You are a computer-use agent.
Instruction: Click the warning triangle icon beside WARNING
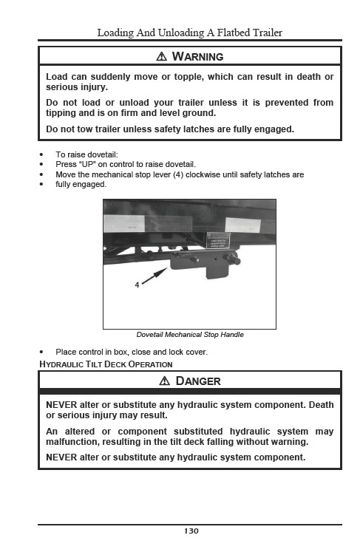click(x=161, y=56)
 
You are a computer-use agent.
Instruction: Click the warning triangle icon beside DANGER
click(x=165, y=381)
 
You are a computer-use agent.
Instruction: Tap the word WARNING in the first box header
click(x=197, y=57)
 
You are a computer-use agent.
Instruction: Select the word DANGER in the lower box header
click(x=198, y=381)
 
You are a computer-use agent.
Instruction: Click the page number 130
click(x=191, y=531)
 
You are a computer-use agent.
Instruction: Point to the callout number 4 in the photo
click(x=137, y=285)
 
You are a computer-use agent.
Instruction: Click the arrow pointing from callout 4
click(x=154, y=276)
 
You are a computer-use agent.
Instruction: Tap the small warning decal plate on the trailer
click(x=218, y=240)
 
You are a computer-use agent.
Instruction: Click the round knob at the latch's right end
click(x=234, y=260)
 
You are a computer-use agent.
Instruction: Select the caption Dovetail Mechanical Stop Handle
click(x=190, y=335)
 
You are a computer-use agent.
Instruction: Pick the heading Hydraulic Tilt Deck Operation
click(x=106, y=364)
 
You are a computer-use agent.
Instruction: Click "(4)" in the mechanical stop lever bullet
click(x=178, y=174)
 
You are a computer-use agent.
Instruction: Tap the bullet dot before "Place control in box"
click(x=41, y=353)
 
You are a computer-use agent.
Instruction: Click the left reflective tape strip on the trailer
click(x=148, y=224)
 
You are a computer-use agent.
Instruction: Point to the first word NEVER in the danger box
click(x=61, y=405)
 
